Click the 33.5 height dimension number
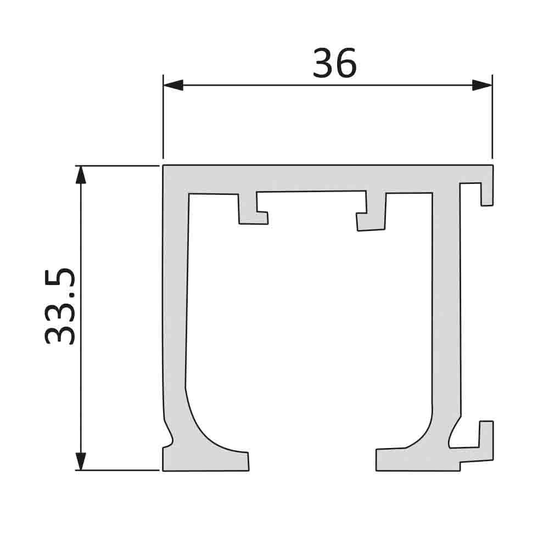(60, 306)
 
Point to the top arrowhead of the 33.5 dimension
(81, 175)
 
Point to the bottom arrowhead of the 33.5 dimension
(81, 461)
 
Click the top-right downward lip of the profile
(487, 189)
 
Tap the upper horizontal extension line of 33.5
(118, 165)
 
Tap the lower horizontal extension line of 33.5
(118, 470)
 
